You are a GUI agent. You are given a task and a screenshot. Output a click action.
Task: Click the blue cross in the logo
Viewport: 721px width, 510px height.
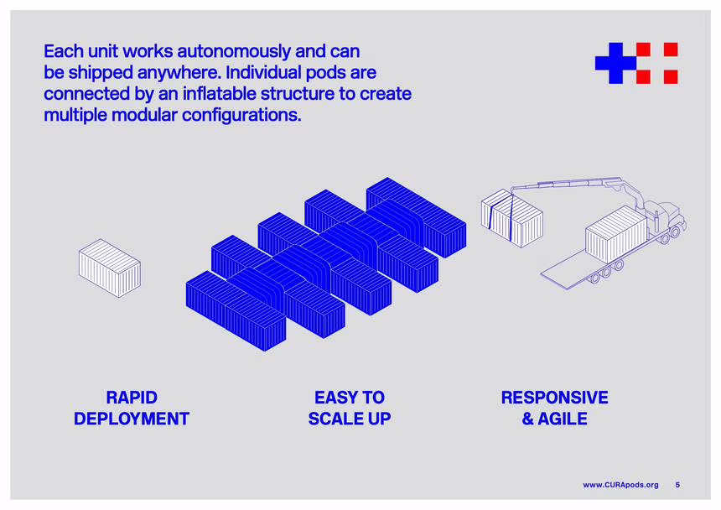(616, 63)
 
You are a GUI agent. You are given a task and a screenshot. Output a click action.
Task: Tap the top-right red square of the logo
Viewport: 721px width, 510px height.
(671, 49)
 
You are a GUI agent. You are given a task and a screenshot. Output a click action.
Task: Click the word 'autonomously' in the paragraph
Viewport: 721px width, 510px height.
(234, 51)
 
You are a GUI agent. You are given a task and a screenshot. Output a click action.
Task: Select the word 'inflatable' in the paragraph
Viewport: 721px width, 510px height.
(220, 93)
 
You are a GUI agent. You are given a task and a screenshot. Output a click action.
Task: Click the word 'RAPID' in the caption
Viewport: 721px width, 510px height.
(132, 398)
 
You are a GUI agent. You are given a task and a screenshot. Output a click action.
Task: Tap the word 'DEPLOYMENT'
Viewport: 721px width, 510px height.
(132, 419)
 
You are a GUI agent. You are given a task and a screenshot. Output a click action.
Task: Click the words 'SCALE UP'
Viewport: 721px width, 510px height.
(350, 419)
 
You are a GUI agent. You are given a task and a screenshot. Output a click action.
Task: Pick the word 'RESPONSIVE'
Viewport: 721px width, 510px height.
(554, 398)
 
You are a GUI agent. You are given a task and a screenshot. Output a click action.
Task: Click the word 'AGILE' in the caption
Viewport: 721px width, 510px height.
(563, 419)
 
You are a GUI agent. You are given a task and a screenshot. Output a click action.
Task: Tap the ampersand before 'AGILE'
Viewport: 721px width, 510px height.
(528, 419)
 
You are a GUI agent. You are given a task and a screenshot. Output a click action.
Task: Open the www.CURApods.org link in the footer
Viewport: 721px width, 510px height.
(620, 485)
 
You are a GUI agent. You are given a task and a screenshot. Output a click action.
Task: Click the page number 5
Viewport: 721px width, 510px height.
(677, 485)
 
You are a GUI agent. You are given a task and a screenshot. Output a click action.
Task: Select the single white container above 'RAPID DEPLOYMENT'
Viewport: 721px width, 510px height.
(110, 268)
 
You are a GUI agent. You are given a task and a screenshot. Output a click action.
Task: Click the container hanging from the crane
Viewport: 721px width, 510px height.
(511, 218)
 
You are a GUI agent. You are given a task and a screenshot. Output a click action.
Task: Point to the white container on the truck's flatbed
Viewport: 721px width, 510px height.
(616, 235)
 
